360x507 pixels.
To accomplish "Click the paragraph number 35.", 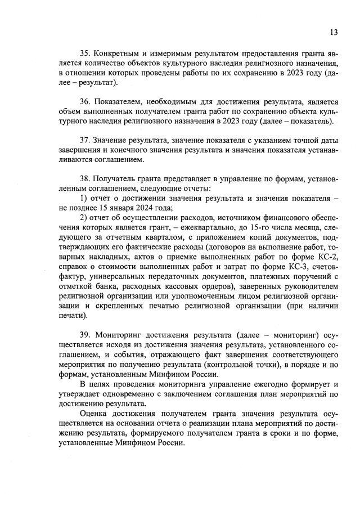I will click(x=85, y=53).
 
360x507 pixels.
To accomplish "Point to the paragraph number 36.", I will click(x=85, y=102).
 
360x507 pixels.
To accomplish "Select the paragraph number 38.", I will click(x=85, y=179).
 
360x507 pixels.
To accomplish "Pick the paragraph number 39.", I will click(x=85, y=335).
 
